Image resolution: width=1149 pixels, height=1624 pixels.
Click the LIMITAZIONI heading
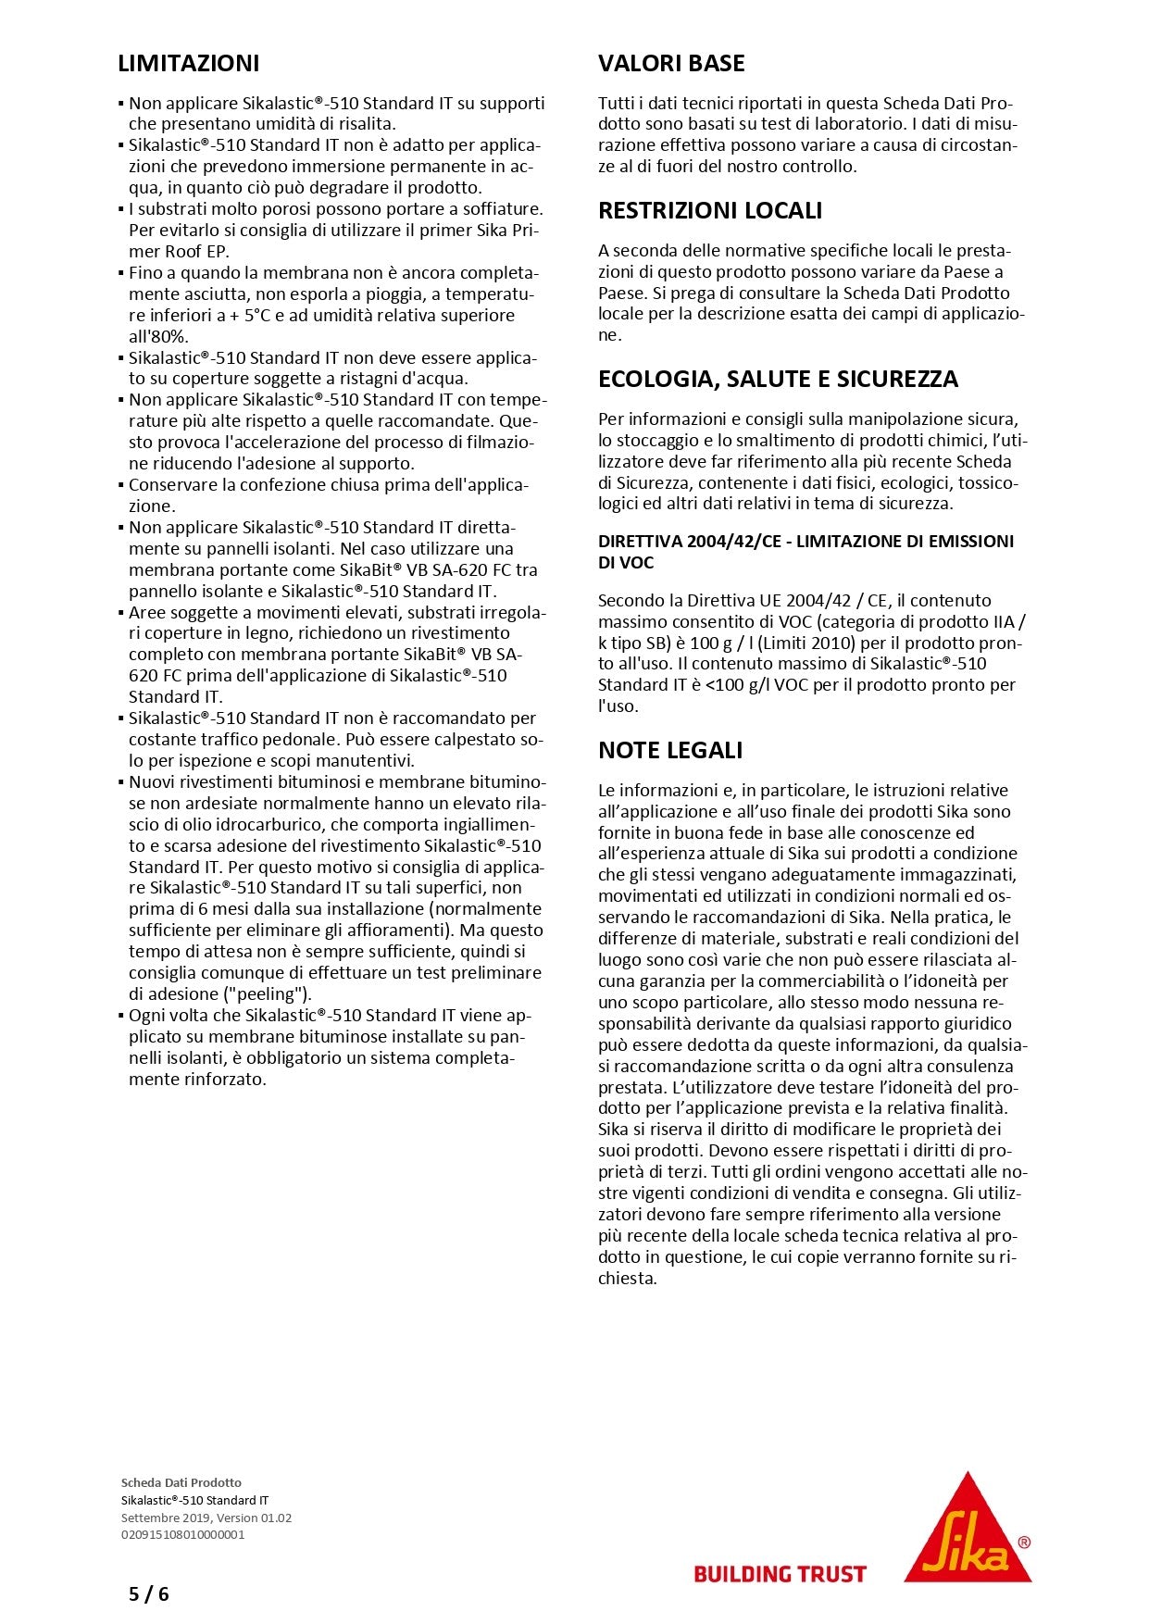[x=189, y=64]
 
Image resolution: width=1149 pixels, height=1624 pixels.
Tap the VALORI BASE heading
[x=671, y=64]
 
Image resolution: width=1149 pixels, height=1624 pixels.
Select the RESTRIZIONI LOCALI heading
[x=709, y=211]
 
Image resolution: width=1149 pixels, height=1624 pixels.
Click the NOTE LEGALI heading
[x=670, y=750]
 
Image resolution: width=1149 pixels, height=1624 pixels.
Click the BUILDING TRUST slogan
[x=780, y=1574]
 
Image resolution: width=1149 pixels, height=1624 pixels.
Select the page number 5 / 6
[x=149, y=1594]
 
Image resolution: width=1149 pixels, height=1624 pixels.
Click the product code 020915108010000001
[x=183, y=1534]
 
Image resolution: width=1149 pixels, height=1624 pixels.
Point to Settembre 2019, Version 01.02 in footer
[x=206, y=1518]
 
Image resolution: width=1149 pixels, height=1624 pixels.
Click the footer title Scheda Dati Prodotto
[x=181, y=1482]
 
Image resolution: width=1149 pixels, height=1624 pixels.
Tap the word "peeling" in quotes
[x=270, y=994]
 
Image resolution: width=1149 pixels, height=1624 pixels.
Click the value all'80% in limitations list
[x=158, y=337]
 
